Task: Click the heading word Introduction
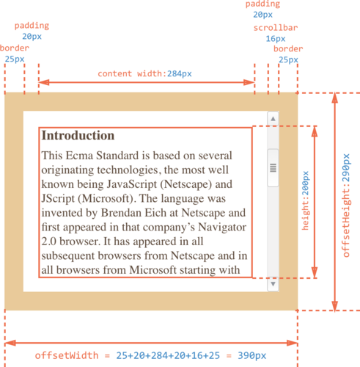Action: click(78, 135)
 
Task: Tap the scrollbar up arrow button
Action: click(273, 119)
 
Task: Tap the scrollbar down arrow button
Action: click(273, 284)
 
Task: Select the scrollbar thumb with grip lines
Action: click(273, 168)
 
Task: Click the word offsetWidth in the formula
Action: click(67, 355)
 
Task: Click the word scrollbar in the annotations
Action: click(276, 28)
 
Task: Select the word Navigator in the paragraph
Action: click(222, 227)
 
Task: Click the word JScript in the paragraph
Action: click(58, 199)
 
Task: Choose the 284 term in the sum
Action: click(160, 355)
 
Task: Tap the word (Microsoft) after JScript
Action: click(107, 199)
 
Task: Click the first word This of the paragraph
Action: click(52, 156)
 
